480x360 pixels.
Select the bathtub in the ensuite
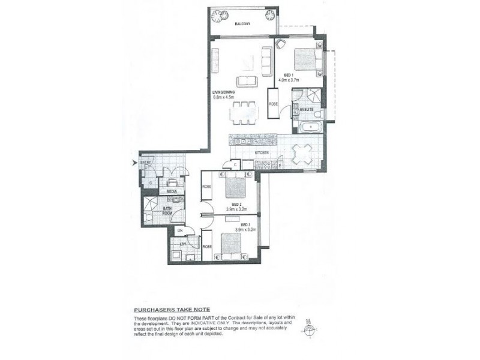307,127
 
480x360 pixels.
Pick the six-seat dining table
243,111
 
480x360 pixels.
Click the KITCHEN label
262,154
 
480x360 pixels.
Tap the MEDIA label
171,191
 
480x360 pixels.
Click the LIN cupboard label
179,231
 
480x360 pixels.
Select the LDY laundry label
178,244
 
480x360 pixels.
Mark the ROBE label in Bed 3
207,247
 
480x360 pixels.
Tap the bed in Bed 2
235,188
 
